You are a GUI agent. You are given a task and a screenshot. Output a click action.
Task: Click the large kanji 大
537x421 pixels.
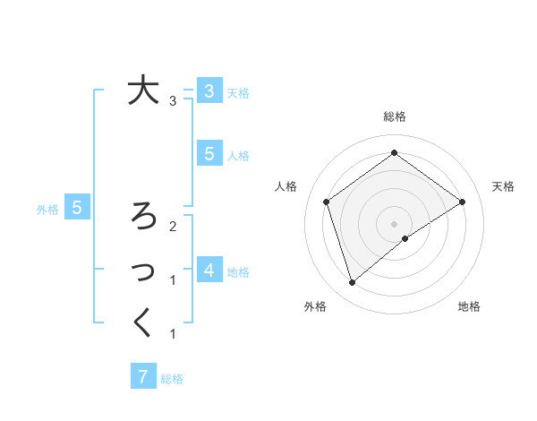[x=143, y=90]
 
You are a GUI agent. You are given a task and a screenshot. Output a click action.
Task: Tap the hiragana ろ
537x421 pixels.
[x=143, y=216]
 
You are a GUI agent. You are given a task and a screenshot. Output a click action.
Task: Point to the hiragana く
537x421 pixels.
[x=143, y=322]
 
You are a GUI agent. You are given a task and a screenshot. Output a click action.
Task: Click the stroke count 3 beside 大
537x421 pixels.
[x=173, y=101]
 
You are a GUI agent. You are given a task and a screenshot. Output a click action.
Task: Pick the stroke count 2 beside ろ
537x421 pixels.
[x=173, y=226]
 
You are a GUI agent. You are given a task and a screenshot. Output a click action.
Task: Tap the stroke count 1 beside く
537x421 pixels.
[x=173, y=334]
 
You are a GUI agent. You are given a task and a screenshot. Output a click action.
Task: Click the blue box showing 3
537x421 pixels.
[x=209, y=90]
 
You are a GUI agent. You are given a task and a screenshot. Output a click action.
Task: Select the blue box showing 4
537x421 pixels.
[x=209, y=269]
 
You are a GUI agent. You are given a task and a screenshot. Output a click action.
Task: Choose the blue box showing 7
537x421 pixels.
[x=143, y=376]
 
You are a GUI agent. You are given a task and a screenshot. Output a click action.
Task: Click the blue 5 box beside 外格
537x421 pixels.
[x=77, y=208]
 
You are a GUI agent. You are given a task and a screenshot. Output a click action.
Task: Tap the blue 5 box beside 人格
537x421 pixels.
[x=209, y=153]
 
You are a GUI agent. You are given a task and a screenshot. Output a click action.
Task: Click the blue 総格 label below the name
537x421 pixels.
[x=172, y=379]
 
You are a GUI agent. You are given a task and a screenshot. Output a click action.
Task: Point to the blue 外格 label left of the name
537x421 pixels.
[x=47, y=210]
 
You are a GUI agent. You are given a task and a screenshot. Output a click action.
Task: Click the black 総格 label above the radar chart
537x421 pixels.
[x=394, y=116]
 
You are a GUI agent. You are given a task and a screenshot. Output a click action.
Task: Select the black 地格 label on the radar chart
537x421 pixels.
[x=469, y=306]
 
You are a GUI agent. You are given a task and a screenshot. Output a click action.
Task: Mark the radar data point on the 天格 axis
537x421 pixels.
[x=462, y=202]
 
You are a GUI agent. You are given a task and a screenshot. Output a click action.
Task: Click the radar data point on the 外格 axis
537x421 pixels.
[x=353, y=283]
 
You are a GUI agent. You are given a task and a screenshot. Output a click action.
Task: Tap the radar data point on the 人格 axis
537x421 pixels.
[x=327, y=202]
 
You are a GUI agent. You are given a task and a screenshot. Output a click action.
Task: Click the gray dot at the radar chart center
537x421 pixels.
[x=394, y=223]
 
